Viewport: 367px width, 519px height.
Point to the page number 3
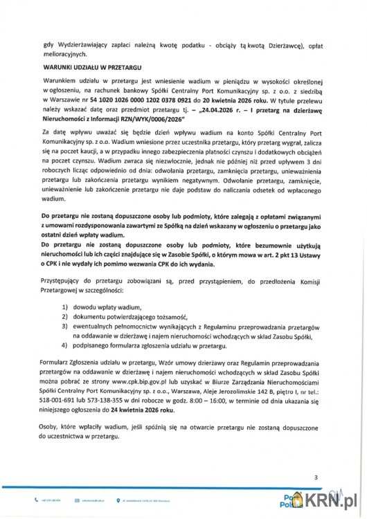coord(316,477)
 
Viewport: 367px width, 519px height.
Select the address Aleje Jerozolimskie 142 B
coord(236,390)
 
